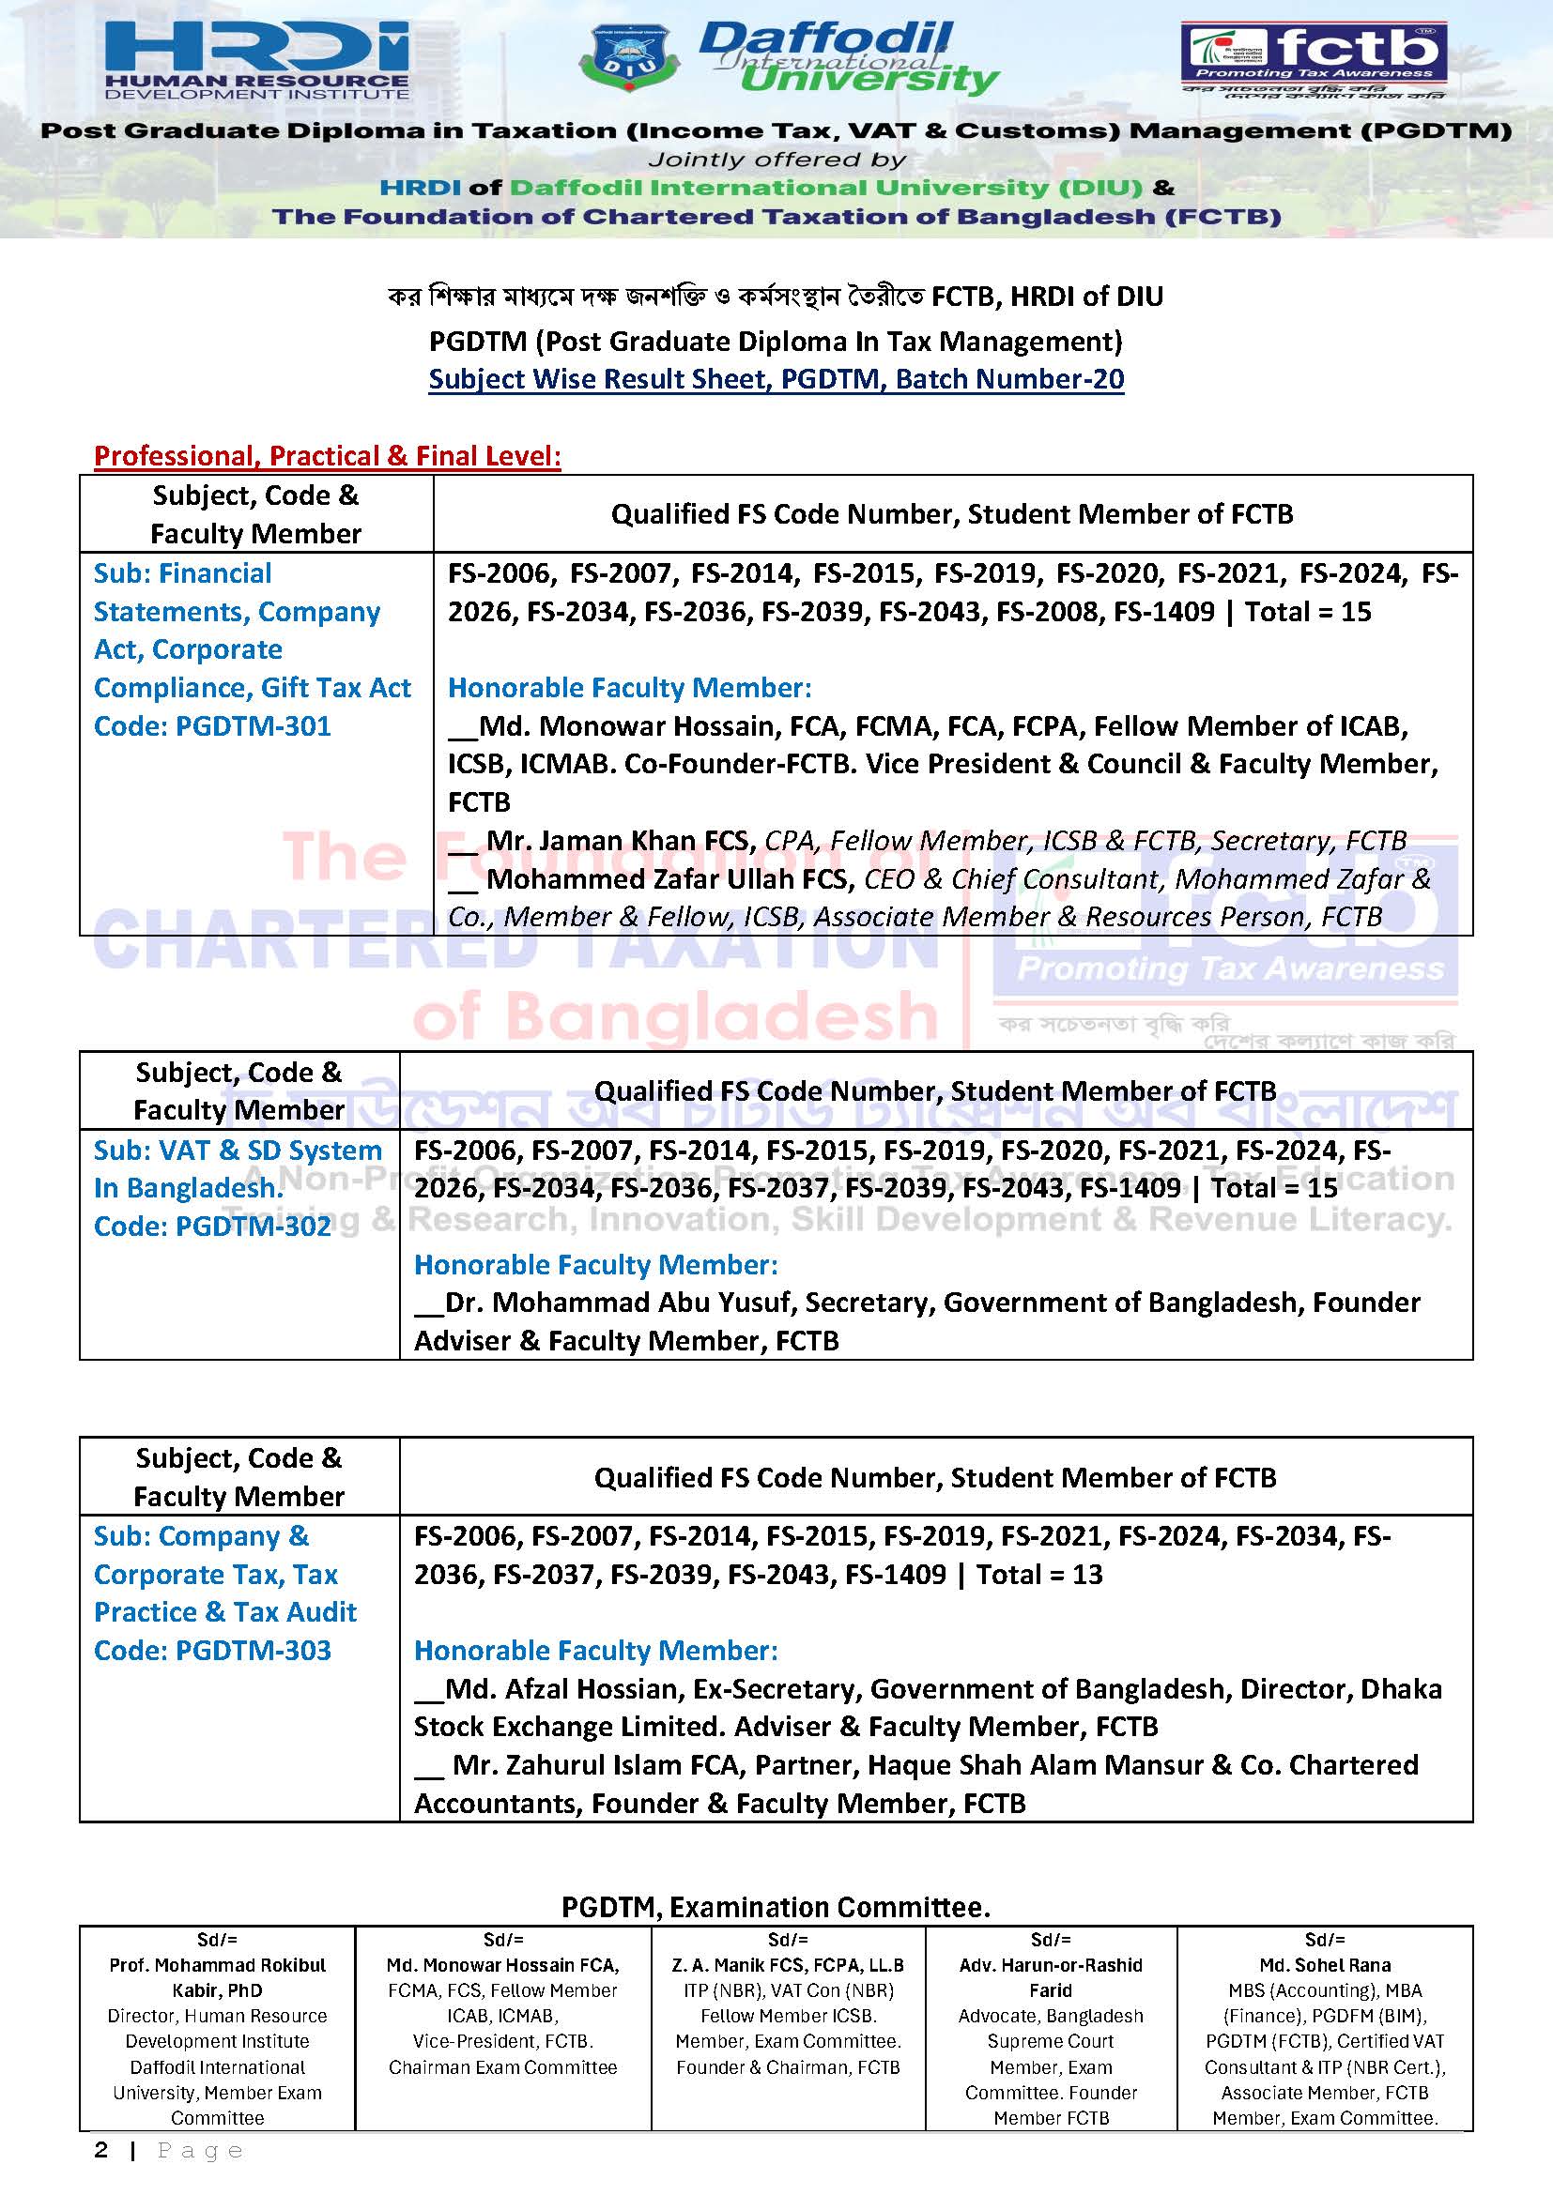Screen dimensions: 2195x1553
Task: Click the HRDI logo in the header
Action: (256, 59)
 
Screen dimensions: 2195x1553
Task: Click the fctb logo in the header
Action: (1312, 57)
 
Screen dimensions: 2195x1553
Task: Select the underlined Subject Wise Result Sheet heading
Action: (776, 379)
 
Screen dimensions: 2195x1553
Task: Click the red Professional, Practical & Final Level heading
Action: (327, 456)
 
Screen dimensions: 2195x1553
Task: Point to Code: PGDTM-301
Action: (212, 726)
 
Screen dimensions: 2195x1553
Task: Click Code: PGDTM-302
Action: (212, 1227)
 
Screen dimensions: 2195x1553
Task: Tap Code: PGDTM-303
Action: (212, 1651)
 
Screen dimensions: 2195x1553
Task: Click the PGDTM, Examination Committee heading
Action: (776, 1908)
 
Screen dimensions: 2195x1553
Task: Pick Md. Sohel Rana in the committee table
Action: (1325, 1966)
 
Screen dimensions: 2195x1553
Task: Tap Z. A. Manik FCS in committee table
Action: (787, 1966)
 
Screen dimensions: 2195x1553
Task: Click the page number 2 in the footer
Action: (101, 2151)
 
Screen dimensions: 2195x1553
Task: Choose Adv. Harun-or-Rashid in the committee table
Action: (1050, 1966)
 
